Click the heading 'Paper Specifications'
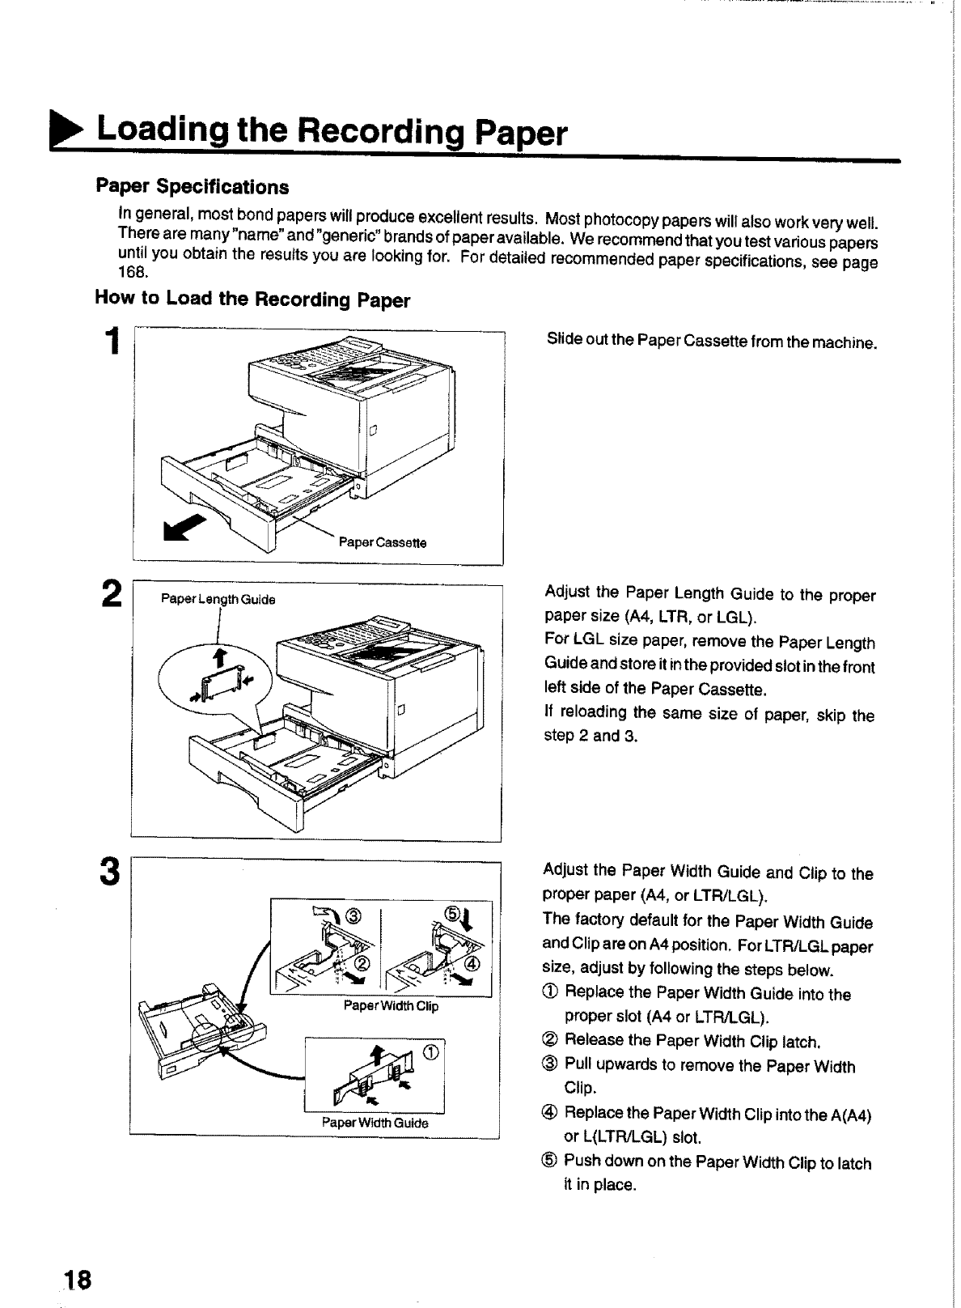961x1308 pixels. coord(192,187)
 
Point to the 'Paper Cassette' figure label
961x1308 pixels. coord(382,542)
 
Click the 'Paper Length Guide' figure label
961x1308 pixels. coord(218,600)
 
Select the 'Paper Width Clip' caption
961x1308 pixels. coord(390,1007)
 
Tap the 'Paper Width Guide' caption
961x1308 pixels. coord(375,1123)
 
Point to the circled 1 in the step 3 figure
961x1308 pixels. coord(430,1051)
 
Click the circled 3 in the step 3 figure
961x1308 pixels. coord(353,916)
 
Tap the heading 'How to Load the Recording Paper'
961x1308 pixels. coord(252,299)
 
